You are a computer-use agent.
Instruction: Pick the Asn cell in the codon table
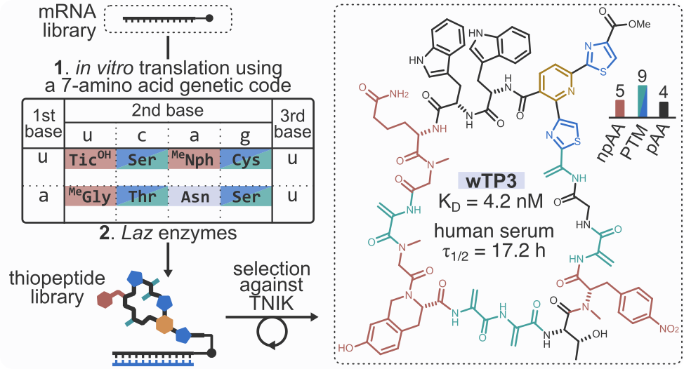(x=192, y=197)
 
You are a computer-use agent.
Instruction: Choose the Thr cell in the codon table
(x=141, y=197)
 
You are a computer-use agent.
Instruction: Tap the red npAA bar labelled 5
(x=620, y=107)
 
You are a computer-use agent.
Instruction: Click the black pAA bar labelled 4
(x=663, y=109)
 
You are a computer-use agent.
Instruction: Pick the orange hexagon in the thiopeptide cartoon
(x=166, y=324)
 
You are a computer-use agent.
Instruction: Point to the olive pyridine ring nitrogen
(x=570, y=92)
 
